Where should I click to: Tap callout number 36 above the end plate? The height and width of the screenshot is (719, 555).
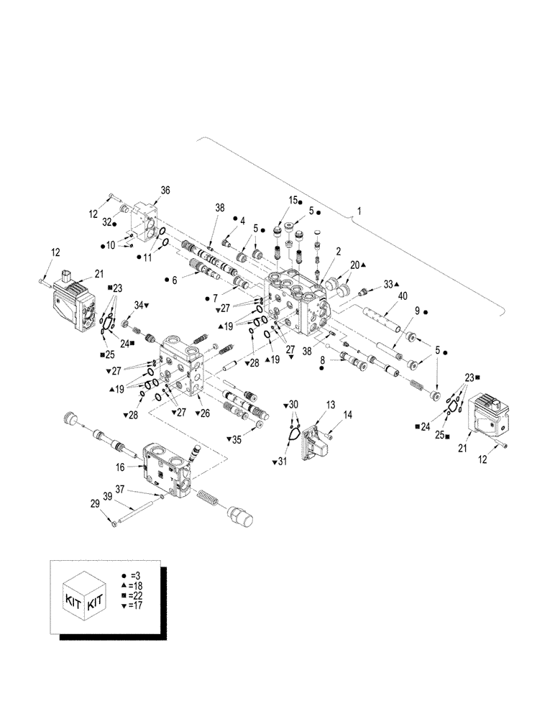pos(165,190)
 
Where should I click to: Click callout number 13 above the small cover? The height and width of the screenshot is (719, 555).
pos(330,405)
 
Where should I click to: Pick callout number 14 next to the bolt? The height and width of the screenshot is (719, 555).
pos(347,415)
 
